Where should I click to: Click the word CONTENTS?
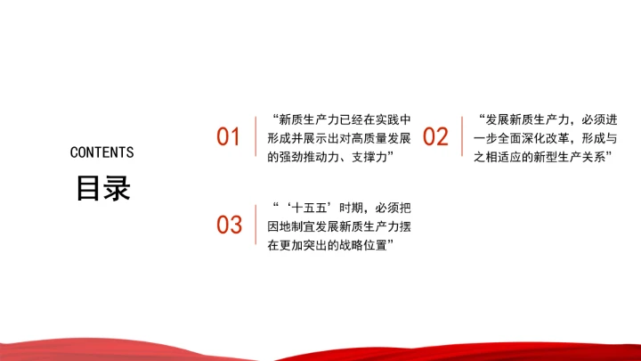pos(101,152)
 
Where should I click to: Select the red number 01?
pos(230,137)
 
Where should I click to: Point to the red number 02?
pos(435,137)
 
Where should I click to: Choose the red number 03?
pos(230,225)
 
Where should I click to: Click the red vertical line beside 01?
pos(256,137)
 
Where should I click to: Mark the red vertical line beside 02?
pos(462,137)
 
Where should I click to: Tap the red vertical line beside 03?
pos(256,225)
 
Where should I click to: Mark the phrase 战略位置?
pos(366,243)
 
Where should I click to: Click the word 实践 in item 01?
pos(385,119)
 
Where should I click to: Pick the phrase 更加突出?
pos(305,243)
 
